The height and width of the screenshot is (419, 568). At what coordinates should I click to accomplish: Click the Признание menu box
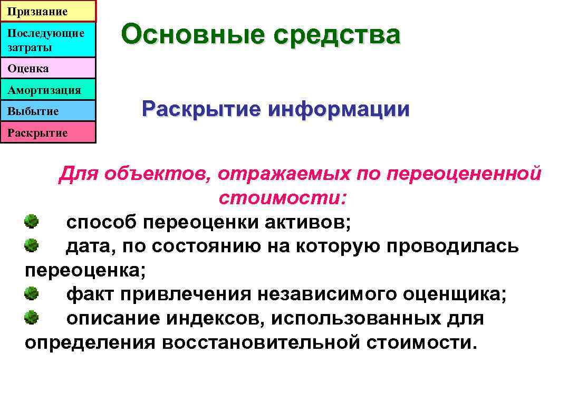[48, 11]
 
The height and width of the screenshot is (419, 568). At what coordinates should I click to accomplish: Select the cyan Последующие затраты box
[48, 40]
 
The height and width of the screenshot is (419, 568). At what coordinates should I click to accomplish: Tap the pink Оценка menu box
[48, 69]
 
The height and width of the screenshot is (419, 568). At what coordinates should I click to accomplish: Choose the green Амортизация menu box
[48, 90]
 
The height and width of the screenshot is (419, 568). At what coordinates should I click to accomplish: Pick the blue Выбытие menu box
[48, 111]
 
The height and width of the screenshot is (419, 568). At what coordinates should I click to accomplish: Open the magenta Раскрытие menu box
[48, 132]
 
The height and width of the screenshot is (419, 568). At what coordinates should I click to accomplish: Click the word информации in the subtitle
[338, 109]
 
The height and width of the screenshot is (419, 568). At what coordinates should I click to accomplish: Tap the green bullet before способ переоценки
[32, 221]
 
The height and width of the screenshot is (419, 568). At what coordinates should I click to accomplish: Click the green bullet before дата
[32, 245]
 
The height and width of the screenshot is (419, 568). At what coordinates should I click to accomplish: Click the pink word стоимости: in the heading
[283, 198]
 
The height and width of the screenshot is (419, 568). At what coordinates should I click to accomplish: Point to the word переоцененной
[464, 174]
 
